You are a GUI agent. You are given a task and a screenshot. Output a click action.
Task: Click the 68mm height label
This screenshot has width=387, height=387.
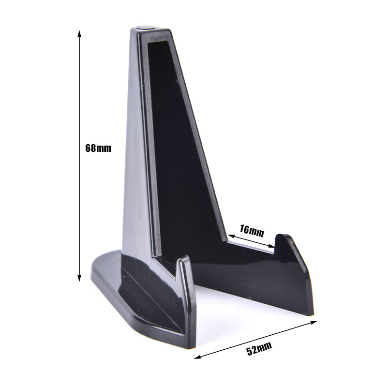[x=98, y=148]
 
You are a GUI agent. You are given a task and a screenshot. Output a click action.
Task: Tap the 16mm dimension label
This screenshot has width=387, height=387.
[x=252, y=231]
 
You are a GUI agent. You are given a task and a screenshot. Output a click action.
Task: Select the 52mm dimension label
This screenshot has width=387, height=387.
[x=259, y=348]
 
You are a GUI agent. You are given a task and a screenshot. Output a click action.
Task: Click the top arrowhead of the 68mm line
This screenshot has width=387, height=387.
[x=79, y=33]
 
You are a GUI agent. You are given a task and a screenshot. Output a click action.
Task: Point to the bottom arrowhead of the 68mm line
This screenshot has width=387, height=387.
[x=79, y=278]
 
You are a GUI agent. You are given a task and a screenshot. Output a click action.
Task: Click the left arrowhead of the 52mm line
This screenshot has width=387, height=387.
[x=197, y=357]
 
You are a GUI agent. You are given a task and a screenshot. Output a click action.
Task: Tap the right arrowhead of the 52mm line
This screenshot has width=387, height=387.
[x=313, y=322]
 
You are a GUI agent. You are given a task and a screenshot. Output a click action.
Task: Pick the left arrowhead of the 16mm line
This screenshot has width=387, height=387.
[x=231, y=236]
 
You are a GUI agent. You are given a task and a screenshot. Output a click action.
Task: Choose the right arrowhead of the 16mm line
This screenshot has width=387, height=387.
[x=271, y=245]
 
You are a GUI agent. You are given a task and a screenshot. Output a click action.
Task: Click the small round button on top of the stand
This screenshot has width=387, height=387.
[x=147, y=27]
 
